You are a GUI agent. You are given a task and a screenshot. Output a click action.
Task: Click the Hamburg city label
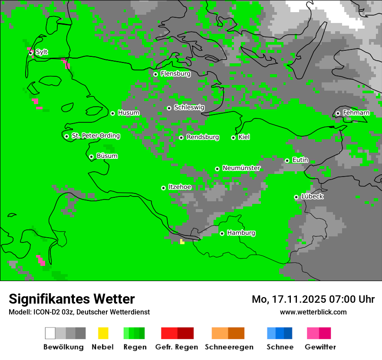point(241,233)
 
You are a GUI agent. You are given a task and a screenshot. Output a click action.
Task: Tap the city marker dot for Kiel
point(233,137)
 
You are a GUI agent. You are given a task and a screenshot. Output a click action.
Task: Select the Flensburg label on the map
point(175,74)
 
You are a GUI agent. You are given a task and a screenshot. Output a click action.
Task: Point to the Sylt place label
point(42,52)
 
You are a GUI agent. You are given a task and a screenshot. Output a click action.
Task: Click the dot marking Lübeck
point(296,197)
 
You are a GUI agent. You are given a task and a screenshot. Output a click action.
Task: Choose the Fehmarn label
point(356,113)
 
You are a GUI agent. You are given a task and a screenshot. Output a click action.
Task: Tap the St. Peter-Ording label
point(95,136)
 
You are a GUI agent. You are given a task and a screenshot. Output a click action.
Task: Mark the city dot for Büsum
point(91,157)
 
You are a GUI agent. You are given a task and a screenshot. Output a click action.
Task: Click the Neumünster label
point(241,168)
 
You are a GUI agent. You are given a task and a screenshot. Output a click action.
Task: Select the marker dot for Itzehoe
point(163,188)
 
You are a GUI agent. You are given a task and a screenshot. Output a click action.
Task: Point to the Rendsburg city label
point(203,137)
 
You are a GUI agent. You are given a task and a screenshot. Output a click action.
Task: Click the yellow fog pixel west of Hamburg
point(182,242)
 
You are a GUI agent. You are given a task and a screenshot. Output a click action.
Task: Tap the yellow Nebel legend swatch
point(103,333)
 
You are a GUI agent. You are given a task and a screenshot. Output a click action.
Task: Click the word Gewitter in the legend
point(320,347)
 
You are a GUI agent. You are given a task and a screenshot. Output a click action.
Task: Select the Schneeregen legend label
point(229,347)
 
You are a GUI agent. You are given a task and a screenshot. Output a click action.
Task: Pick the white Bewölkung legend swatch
point(50,333)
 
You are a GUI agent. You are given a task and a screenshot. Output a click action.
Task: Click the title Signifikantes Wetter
point(72,299)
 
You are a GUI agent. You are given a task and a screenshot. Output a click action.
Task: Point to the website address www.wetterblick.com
point(313,312)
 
